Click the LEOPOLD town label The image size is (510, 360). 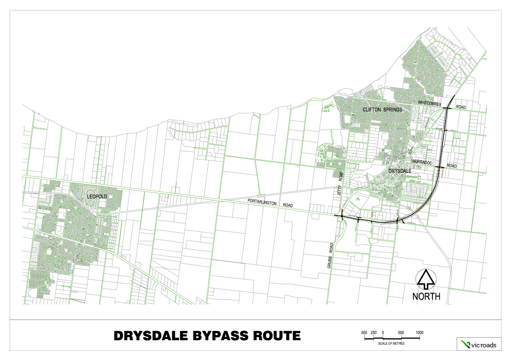click(97, 196)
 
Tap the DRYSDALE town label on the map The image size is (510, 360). click(400, 171)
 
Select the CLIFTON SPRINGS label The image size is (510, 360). click(382, 110)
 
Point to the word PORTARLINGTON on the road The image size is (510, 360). click(262, 202)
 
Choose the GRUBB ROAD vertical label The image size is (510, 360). click(330, 255)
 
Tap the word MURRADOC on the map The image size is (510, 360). click(422, 162)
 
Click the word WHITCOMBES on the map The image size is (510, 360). click(430, 103)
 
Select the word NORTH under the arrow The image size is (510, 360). click(426, 297)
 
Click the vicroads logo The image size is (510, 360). click(479, 344)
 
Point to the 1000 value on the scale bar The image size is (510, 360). click(420, 333)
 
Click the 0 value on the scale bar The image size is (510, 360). click(383, 333)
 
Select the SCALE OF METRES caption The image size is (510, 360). click(391, 343)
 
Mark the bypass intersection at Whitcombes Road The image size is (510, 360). click(447, 109)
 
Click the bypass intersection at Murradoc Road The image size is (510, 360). click(439, 167)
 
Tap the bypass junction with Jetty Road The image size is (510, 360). click(342, 216)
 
